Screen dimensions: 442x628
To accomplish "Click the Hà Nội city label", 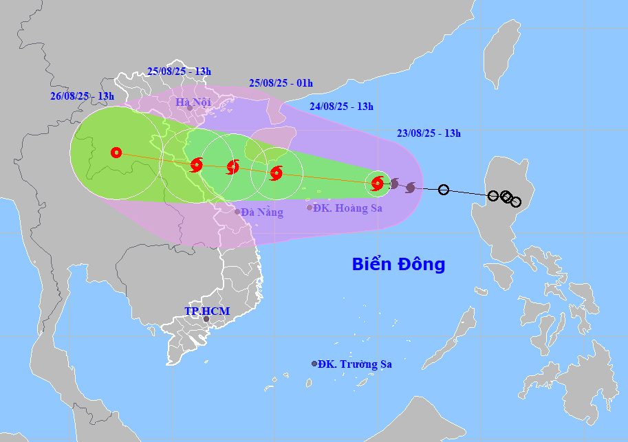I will (192, 102).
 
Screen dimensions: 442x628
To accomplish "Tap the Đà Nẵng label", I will (262, 212).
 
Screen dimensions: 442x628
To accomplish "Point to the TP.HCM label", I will (207, 311).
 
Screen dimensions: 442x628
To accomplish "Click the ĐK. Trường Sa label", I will (355, 364).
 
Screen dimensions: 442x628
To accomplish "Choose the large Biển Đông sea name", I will (398, 264).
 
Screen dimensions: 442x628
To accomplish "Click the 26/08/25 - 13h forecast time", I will (82, 96).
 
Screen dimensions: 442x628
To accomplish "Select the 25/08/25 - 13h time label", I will (179, 71).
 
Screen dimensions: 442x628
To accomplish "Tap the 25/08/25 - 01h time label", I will (281, 82).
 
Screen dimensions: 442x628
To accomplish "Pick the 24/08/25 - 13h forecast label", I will (341, 106).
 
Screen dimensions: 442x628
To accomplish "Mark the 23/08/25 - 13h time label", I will (429, 133).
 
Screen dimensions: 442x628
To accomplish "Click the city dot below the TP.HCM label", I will (206, 319).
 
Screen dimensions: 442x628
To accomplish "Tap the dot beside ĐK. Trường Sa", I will (314, 364).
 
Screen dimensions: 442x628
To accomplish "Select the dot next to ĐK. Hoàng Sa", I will (310, 208).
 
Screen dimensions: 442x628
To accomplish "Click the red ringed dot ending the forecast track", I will (116, 153).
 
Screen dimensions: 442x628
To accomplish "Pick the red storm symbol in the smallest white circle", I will (377, 183).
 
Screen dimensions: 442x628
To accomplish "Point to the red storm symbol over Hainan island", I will (276, 173).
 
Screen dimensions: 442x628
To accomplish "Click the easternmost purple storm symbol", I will (411, 187).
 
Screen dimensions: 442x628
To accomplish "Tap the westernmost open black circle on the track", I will (444, 190).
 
